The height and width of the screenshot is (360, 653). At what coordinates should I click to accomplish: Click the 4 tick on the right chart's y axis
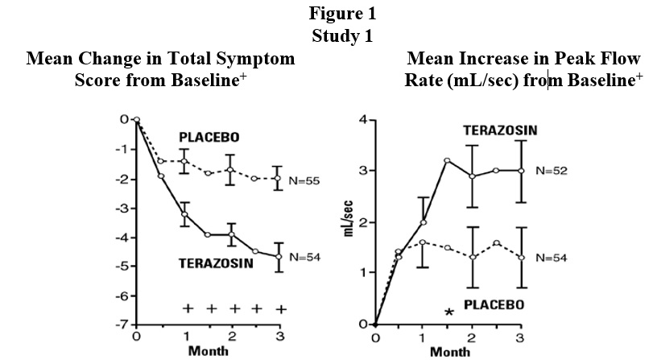click(363, 120)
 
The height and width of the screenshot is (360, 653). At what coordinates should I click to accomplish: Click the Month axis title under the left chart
click(209, 351)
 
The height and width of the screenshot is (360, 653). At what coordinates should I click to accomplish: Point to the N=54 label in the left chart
click(304, 256)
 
